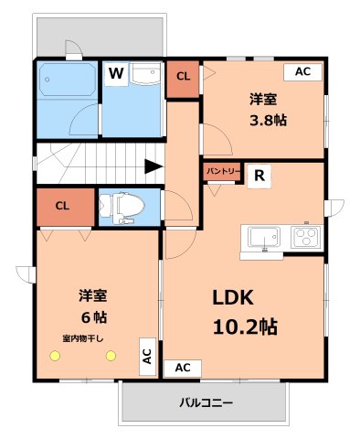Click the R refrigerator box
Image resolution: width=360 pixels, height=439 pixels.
(x=259, y=177)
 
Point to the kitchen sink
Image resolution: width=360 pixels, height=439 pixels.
(x=263, y=237)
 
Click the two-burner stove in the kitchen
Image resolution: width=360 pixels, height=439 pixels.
(x=304, y=237)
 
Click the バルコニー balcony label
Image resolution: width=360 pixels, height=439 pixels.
(x=206, y=402)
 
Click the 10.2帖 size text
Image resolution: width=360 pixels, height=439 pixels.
(x=245, y=327)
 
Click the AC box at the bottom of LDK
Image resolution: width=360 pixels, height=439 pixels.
(x=182, y=367)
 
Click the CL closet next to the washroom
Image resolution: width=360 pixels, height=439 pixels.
(x=183, y=77)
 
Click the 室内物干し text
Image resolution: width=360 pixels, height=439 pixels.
(x=83, y=338)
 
